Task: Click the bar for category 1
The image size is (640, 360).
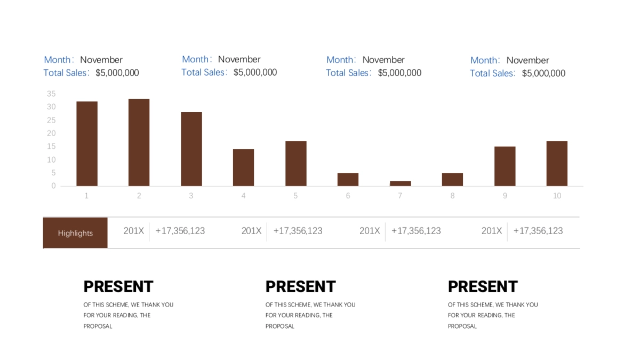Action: (87, 143)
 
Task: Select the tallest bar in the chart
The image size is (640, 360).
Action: (139, 142)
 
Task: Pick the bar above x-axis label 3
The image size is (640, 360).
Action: (191, 149)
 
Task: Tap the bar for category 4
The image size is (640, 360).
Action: (243, 167)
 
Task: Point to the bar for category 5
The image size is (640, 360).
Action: (295, 163)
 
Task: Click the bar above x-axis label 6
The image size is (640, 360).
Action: (348, 179)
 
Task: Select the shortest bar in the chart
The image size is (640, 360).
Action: (400, 183)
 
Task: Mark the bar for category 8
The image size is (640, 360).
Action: (452, 179)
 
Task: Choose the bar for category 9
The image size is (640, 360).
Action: (505, 166)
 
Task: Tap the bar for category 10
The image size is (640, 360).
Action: (557, 163)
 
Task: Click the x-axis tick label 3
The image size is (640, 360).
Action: (191, 196)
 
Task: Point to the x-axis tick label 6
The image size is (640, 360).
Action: (348, 196)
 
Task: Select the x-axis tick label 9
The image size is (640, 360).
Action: (505, 196)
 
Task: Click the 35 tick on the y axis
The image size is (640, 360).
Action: (51, 94)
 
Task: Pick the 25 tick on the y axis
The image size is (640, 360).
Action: (51, 120)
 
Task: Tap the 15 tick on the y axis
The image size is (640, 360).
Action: (51, 147)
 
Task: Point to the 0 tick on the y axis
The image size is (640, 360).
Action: (53, 186)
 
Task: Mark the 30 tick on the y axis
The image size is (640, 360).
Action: (51, 107)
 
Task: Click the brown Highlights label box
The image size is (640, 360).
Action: (75, 233)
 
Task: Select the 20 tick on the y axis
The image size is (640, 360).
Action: (51, 133)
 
